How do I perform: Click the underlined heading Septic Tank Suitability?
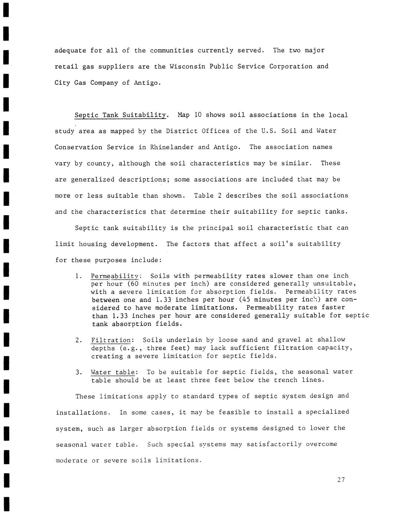(x=120, y=115)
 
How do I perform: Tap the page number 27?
(x=341, y=480)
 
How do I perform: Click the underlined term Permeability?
(x=115, y=276)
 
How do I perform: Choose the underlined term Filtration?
(x=111, y=340)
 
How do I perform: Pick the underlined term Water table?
(x=113, y=372)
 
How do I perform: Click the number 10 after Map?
(x=198, y=115)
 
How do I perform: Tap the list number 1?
(x=78, y=276)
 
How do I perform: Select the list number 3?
(x=78, y=372)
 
